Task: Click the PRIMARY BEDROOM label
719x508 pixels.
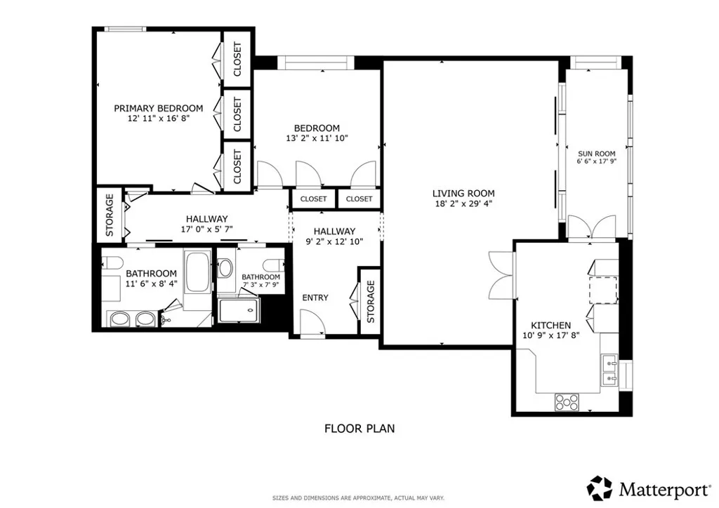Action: click(159, 108)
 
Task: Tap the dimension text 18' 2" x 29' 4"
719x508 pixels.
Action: click(463, 204)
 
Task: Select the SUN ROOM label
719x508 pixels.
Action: click(596, 154)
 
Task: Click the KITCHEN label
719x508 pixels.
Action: click(550, 325)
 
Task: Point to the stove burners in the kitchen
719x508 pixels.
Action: click(567, 402)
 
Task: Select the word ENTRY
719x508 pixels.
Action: click(315, 298)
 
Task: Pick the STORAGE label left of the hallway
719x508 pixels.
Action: click(110, 214)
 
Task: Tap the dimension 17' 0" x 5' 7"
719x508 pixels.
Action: click(206, 229)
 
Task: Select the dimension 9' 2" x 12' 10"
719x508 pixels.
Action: click(334, 241)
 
